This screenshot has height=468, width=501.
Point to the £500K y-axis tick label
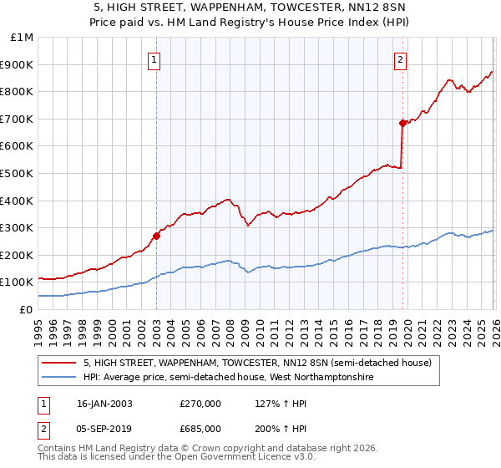coord(18,174)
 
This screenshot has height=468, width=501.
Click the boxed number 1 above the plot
coord(156,59)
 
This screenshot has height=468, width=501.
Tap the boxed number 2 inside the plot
coord(401,59)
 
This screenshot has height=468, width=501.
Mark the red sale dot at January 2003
coord(156,236)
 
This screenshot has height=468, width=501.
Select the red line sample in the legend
coord(60,364)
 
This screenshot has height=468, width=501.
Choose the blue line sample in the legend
coord(60,378)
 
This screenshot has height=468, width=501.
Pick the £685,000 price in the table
coord(200,429)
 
